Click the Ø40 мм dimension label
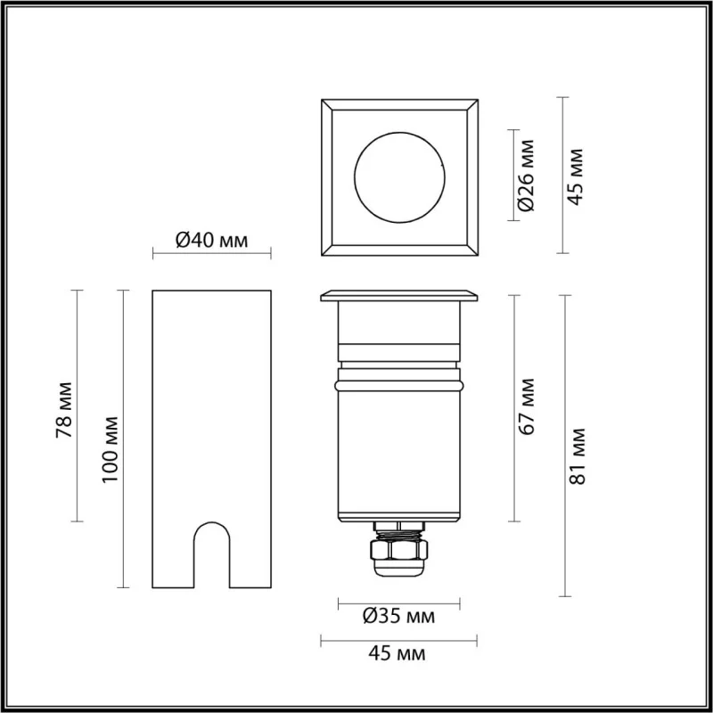coord(212,240)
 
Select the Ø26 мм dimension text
coord(526,176)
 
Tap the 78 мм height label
coord(64,410)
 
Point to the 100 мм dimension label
coord(110,449)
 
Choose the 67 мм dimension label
coord(526,406)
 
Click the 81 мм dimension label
coord(577,456)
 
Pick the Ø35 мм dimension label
coord(398,616)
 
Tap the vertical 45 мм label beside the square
coord(575,176)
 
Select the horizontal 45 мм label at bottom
coord(397,653)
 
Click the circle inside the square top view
coord(399,132)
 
